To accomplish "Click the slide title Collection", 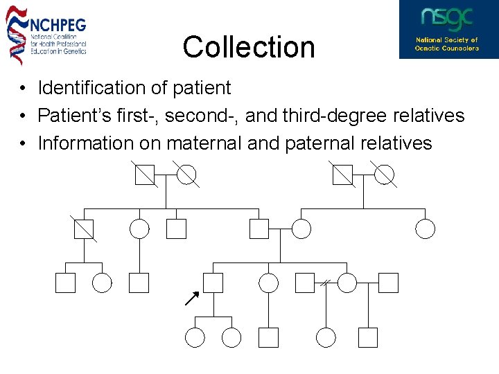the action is pos(249,47).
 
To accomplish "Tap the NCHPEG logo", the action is pos(46,34).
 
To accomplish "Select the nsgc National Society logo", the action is pos(448,29).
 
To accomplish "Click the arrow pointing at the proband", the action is pos(192,299).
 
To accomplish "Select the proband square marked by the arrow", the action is pos(213,283).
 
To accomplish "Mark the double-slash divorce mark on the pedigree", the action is pos(324,283).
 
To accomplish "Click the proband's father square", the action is pos(259,229).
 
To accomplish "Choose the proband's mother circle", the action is pos(301,229).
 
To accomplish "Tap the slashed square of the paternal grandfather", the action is pos(145,175).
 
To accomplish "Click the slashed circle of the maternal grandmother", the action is pos(384,175).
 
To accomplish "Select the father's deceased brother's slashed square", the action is pos(84,229).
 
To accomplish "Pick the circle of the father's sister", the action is pos(139,229).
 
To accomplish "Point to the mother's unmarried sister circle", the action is pos(425,229).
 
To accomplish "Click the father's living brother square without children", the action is pos(176,229).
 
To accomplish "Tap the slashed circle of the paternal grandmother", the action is pos(186,175).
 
